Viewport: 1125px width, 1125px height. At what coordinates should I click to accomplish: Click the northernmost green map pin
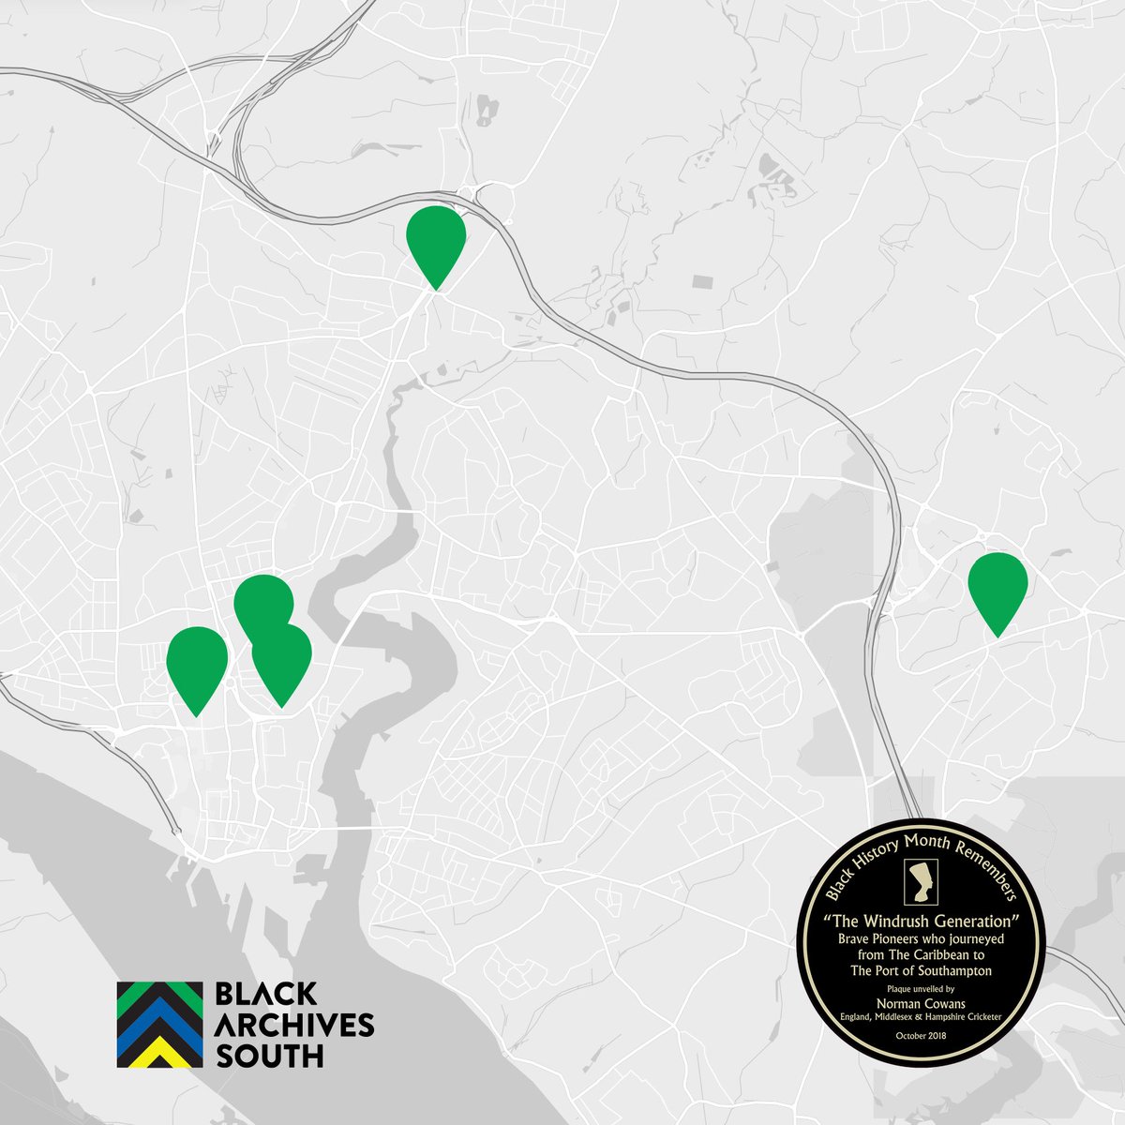436,235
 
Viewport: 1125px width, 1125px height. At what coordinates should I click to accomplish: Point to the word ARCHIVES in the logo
294,1025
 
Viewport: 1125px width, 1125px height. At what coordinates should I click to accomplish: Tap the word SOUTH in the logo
269,1055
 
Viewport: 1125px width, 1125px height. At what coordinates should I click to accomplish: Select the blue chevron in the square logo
159,1031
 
